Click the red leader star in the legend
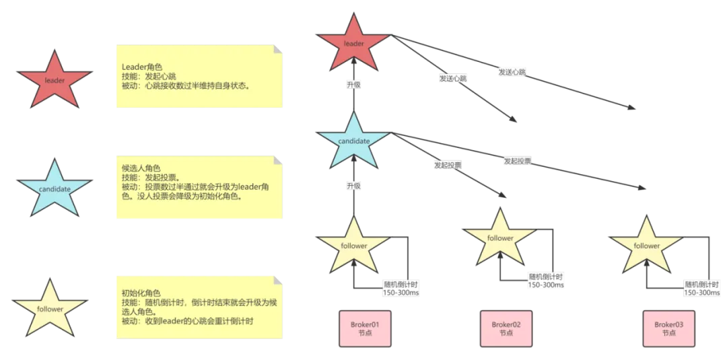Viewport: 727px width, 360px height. coord(54,81)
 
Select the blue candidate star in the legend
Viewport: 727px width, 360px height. coord(54,189)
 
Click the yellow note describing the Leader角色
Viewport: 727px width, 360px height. coord(199,76)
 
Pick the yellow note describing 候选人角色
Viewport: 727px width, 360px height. coord(199,187)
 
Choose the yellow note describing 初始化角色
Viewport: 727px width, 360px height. coord(199,307)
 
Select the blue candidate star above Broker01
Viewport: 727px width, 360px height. coord(353,142)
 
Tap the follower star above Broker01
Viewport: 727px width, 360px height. coord(353,246)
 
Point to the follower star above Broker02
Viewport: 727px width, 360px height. coord(500,239)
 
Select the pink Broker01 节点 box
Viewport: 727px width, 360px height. coord(365,329)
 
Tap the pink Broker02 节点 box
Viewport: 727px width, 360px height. coord(506,329)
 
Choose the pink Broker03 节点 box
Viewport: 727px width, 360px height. coord(668,329)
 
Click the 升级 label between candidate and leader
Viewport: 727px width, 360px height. coord(354,85)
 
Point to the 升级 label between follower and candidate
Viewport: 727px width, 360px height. coord(354,186)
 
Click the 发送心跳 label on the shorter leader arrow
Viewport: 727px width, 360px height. coord(453,78)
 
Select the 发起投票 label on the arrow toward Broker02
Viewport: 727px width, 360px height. coord(448,165)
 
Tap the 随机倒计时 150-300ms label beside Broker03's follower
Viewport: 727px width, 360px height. coord(702,289)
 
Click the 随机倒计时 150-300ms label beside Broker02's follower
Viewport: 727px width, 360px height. coord(546,281)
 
